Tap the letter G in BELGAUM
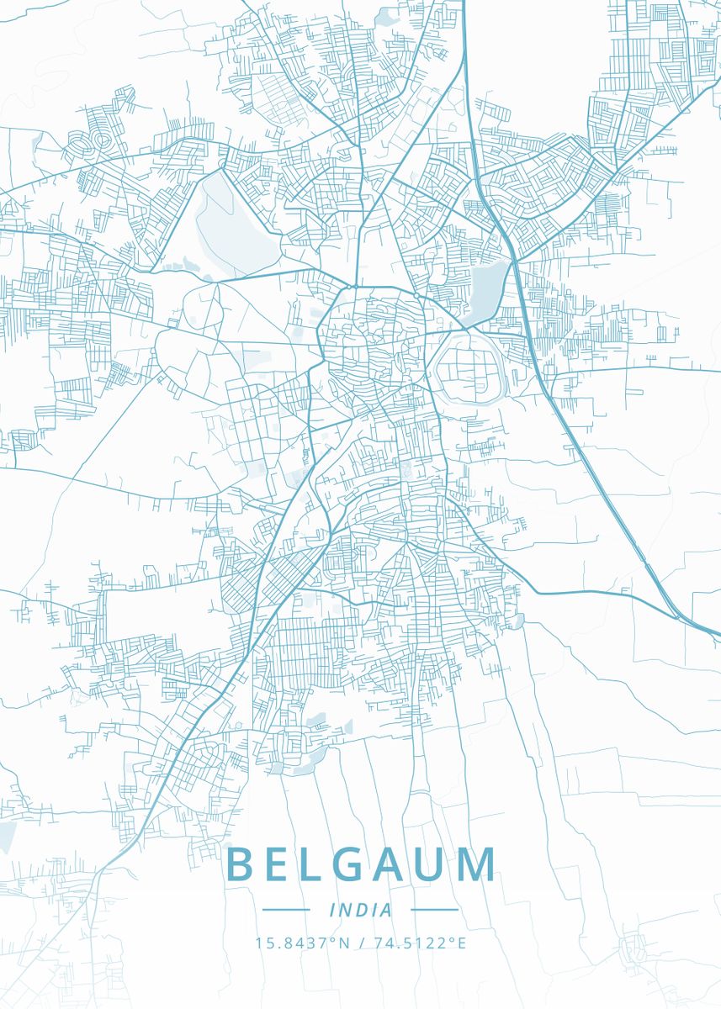point(346,864)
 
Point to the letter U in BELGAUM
point(431,864)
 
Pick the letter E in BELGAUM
point(277,864)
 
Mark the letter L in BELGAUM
point(309,864)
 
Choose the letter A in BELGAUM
point(388,864)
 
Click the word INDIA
point(360,910)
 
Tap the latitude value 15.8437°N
point(303,943)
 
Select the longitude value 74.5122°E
point(419,943)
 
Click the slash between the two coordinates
point(361,943)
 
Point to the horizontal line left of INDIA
point(286,910)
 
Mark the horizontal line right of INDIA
point(434,910)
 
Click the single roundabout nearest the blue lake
point(416,296)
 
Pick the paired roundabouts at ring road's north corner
point(349,287)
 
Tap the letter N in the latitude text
point(343,943)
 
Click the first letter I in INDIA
point(333,910)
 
